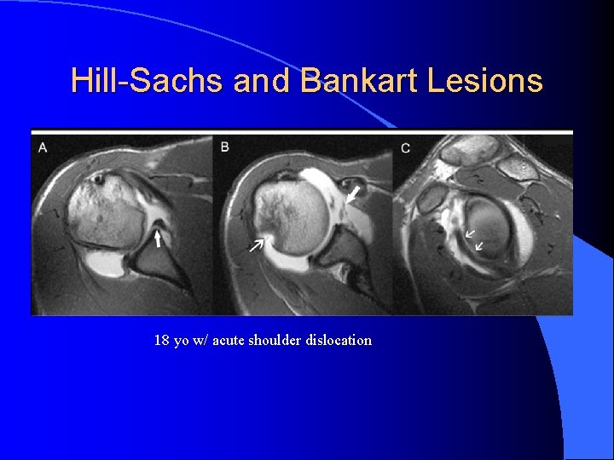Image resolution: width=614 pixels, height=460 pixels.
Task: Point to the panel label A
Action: click(x=43, y=147)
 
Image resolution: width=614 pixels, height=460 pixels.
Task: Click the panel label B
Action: click(x=225, y=147)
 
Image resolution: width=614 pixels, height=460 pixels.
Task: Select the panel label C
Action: click(x=405, y=149)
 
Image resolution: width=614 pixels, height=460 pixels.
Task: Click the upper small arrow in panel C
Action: click(x=470, y=231)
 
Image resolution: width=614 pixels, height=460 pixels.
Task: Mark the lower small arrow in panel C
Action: click(x=479, y=245)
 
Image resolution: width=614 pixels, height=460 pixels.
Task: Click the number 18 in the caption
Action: click(x=161, y=340)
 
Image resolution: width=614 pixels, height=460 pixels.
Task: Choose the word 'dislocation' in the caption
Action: click(x=341, y=340)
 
